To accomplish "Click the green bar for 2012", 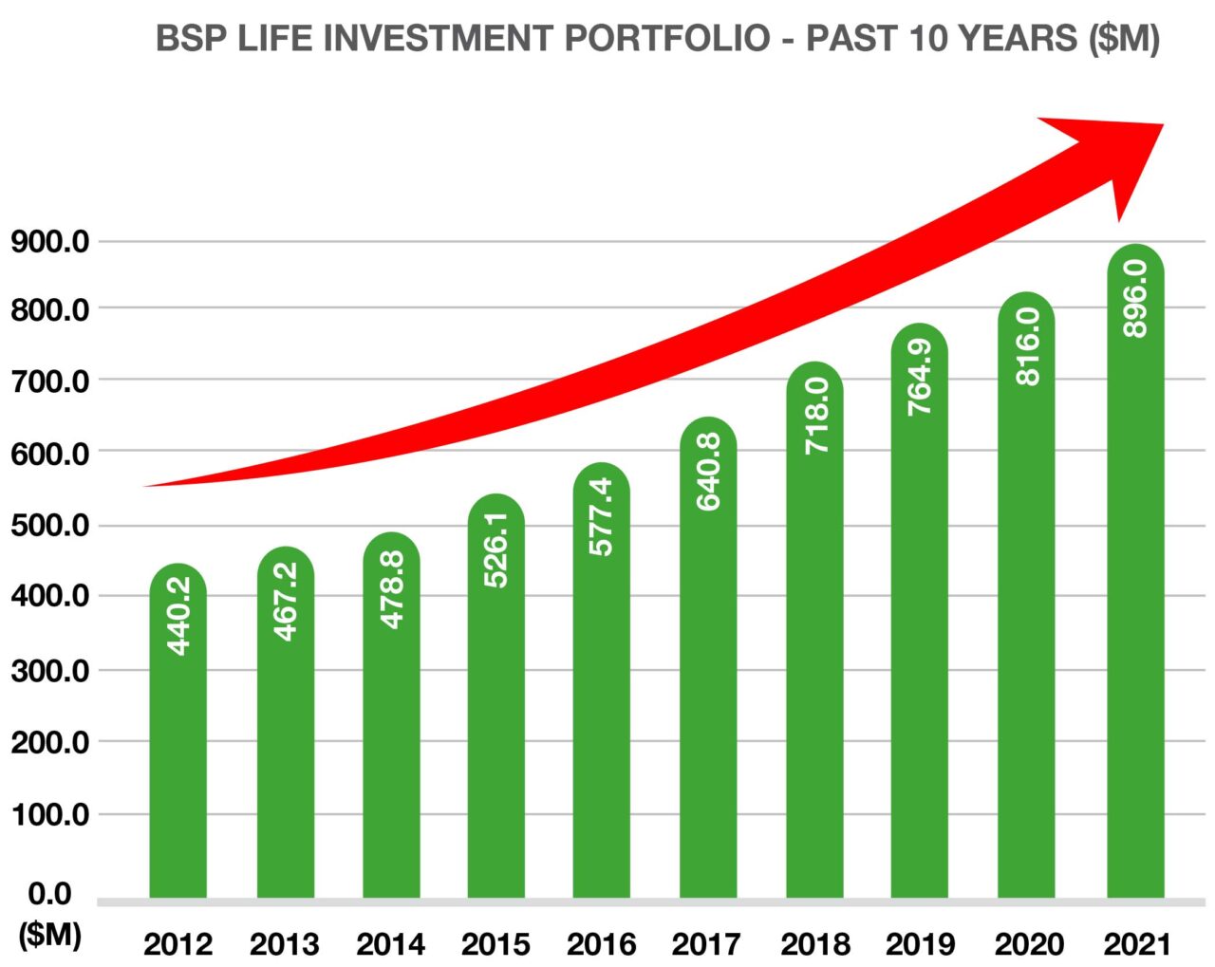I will tap(178, 740).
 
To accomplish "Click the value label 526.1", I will tap(495, 549).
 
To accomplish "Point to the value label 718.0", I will tap(815, 416).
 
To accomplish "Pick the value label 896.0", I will tap(1135, 298).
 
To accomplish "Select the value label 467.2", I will tap(285, 601).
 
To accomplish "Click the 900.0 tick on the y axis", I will tap(50, 242).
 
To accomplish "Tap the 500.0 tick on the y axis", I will tap(50, 525).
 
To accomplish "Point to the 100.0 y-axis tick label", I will tap(50, 814).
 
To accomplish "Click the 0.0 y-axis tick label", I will tap(49, 893).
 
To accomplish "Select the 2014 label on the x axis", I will tap(390, 944).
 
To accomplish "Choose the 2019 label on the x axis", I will tap(920, 944).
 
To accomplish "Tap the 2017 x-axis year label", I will tap(706, 944).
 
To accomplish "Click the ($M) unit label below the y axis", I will tap(49, 934).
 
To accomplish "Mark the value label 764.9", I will tap(920, 377).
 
